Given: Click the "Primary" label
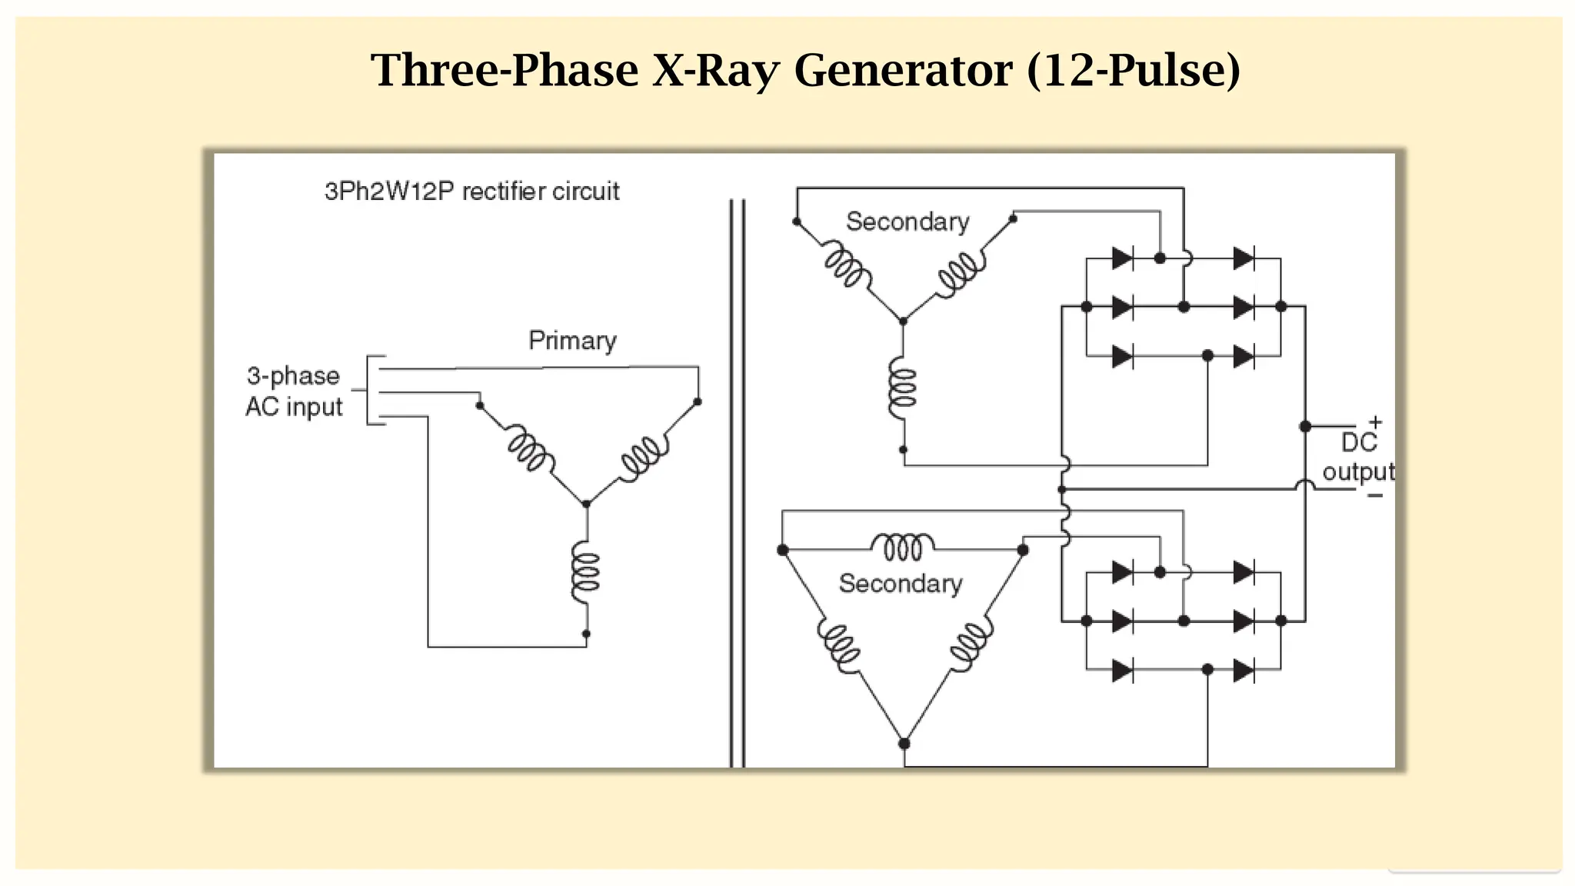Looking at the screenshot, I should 572,341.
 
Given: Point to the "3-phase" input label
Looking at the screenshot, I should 293,376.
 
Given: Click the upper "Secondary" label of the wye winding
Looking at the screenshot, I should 907,222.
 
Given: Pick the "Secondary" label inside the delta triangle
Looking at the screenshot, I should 900,584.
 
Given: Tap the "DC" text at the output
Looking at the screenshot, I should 1359,443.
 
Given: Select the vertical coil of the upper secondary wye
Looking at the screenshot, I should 903,389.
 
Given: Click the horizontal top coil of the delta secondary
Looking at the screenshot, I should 903,547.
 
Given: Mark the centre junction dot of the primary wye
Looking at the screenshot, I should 586,504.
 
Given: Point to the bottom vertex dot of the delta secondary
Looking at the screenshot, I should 904,744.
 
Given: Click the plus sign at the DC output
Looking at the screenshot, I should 1375,422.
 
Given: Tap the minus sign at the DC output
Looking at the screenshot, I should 1375,496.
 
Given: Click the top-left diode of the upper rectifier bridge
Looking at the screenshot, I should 1122,258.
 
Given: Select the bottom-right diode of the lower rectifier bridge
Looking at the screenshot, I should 1244,671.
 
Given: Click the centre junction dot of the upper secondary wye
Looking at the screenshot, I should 903,321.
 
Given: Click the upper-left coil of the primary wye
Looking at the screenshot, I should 529,450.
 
